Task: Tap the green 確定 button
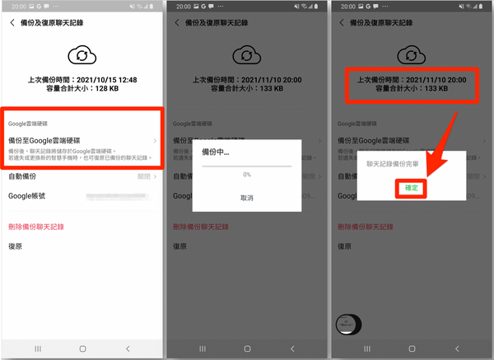pyautogui.click(x=412, y=188)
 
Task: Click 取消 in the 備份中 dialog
pyautogui.click(x=246, y=198)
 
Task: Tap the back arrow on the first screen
pyautogui.click(x=12, y=23)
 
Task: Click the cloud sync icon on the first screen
pyautogui.click(x=82, y=55)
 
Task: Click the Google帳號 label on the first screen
pyautogui.click(x=28, y=196)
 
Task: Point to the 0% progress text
pyautogui.click(x=246, y=175)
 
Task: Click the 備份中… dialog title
pyautogui.click(x=216, y=153)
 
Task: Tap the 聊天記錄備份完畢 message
pyautogui.click(x=394, y=165)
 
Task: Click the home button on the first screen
pyautogui.click(x=82, y=349)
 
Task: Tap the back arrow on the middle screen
pyautogui.click(x=177, y=23)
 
